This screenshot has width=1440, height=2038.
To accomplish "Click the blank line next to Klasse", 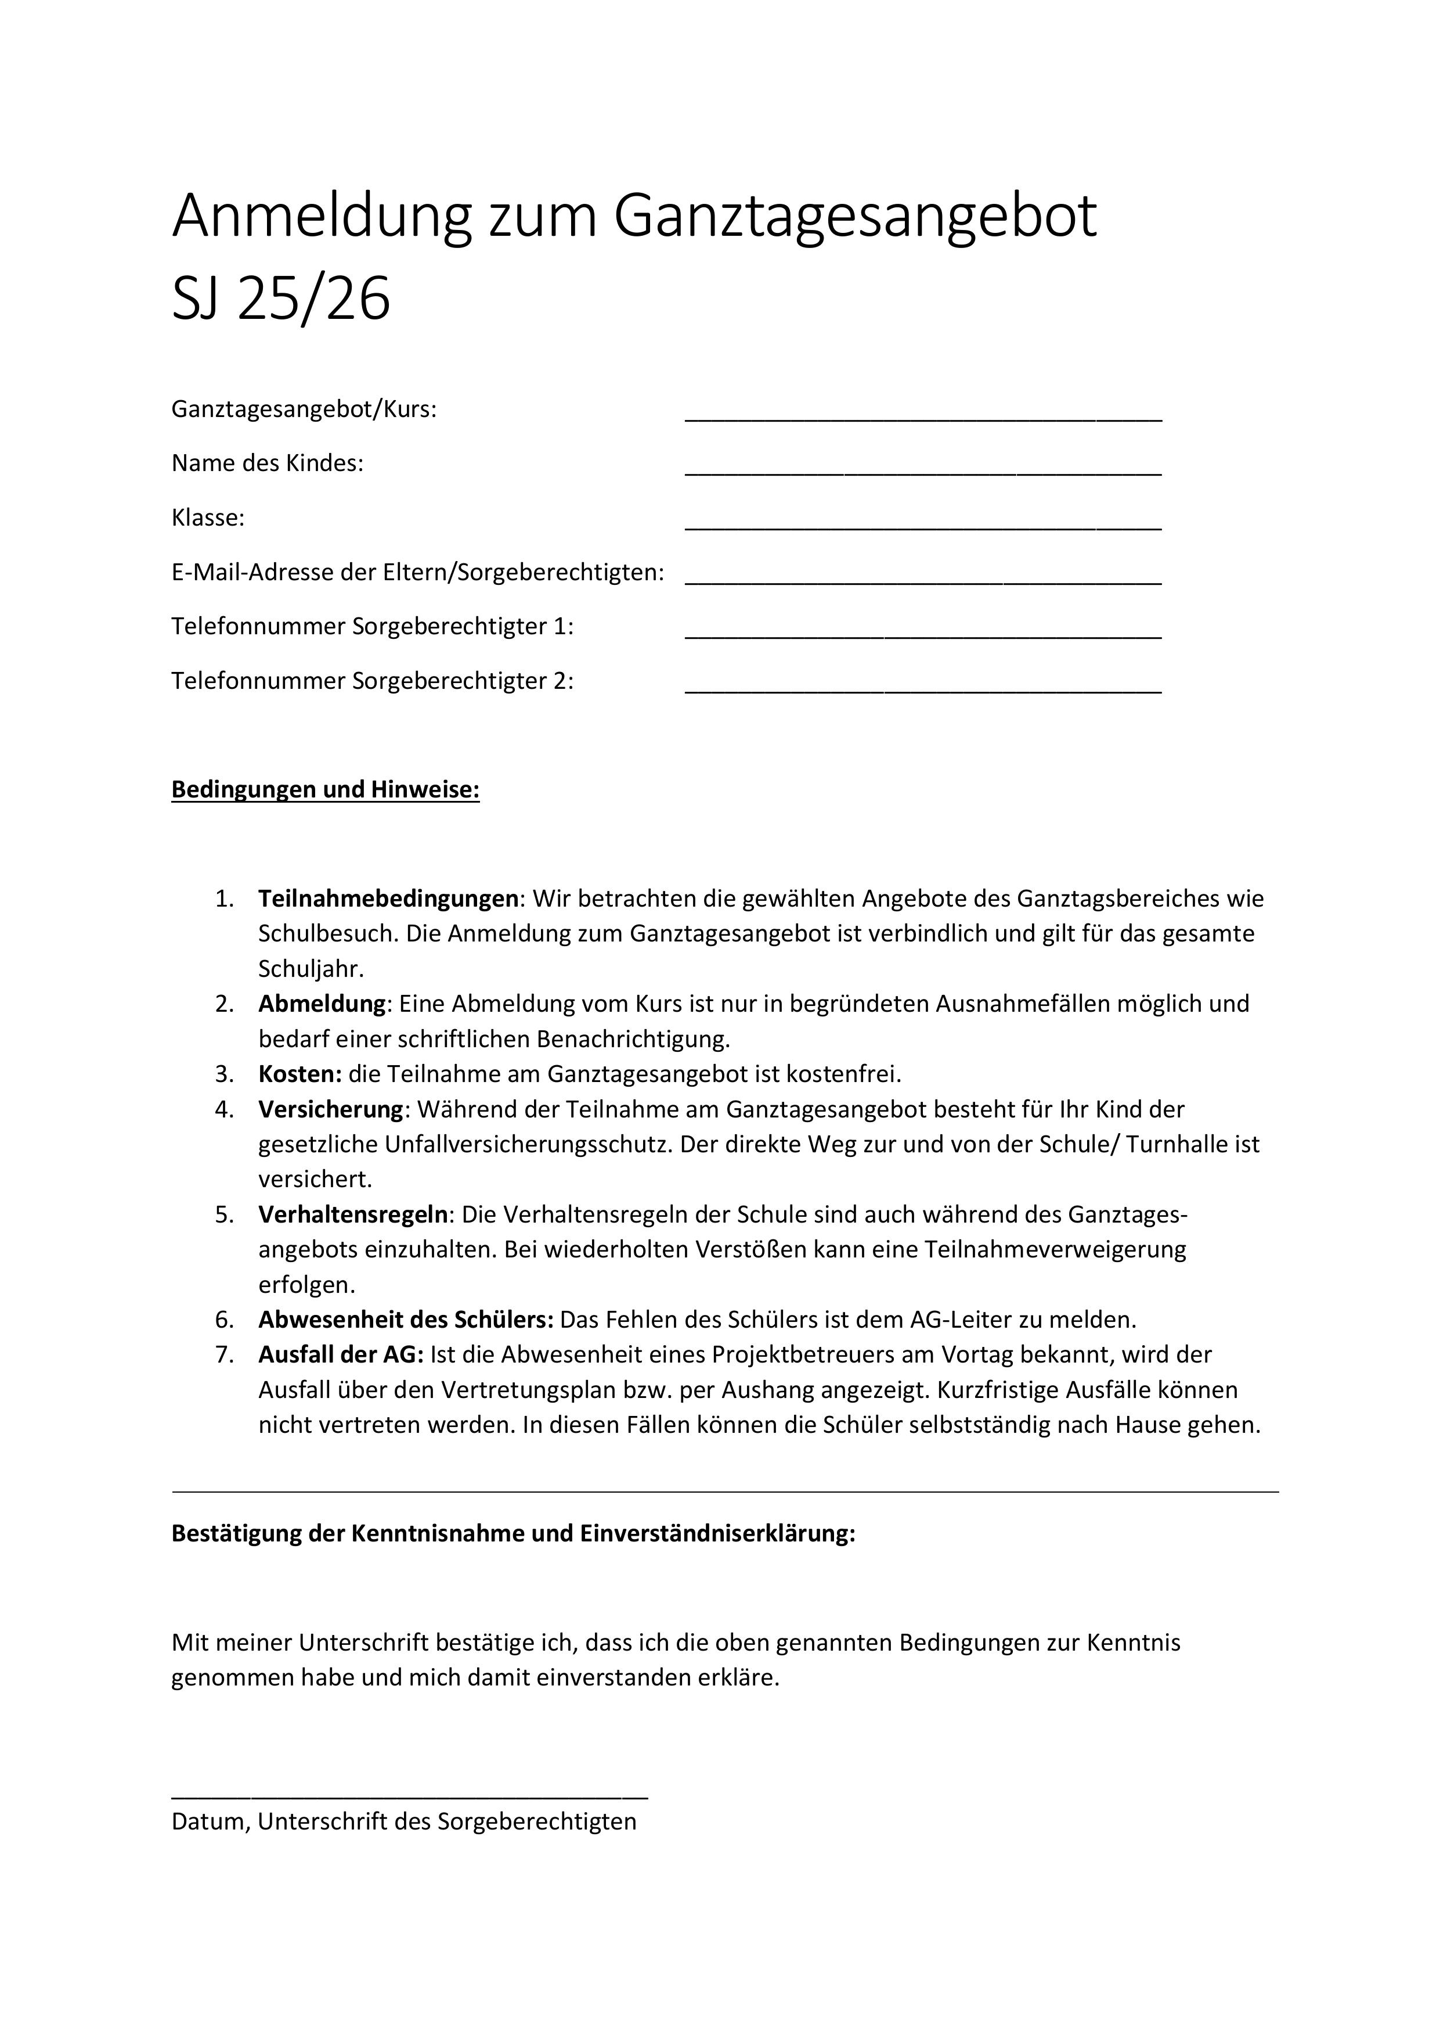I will coord(923,526).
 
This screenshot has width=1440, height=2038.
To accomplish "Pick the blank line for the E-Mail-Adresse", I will coord(923,581).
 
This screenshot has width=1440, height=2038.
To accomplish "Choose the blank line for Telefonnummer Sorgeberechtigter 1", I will coord(923,635).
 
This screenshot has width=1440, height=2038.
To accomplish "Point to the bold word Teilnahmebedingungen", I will coord(388,898).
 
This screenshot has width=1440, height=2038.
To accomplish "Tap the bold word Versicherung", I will coord(330,1109).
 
